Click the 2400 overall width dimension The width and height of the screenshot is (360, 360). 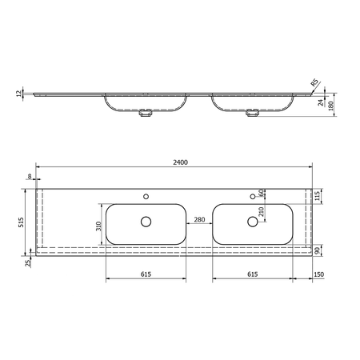tap(181, 162)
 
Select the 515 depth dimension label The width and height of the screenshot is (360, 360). tap(21, 222)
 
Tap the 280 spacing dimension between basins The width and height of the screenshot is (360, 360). tap(199, 219)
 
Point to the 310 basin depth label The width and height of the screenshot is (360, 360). tap(99, 226)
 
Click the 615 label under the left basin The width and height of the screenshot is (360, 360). tap(146, 274)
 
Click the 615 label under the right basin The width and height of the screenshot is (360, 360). tap(253, 274)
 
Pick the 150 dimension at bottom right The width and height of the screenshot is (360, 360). tap(318, 274)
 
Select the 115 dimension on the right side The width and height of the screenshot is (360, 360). tap(318, 197)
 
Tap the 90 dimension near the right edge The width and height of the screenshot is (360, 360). tap(318, 250)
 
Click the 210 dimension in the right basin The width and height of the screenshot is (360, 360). tap(262, 211)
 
